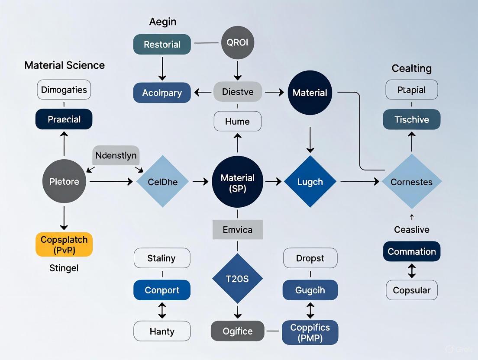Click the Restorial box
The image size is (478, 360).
(x=162, y=44)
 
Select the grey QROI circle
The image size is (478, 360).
(x=237, y=42)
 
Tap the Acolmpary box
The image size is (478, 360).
(x=162, y=93)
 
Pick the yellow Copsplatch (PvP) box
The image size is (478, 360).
(x=64, y=244)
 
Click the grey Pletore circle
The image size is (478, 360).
(x=64, y=182)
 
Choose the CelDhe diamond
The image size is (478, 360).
(x=163, y=182)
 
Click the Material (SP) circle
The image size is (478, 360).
(x=237, y=183)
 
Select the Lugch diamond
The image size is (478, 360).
(x=310, y=182)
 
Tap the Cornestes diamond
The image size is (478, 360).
(x=411, y=182)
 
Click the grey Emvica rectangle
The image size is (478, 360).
(x=237, y=229)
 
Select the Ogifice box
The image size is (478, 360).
(x=237, y=331)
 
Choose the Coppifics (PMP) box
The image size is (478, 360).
(x=310, y=332)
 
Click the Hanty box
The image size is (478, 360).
(x=162, y=331)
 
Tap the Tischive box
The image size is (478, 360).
(x=411, y=119)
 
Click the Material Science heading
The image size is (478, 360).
(x=64, y=65)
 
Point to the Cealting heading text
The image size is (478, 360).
(x=411, y=68)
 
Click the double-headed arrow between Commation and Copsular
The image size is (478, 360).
(x=412, y=271)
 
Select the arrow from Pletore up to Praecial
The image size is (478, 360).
(x=64, y=145)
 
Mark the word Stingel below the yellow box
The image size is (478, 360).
(x=64, y=268)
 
